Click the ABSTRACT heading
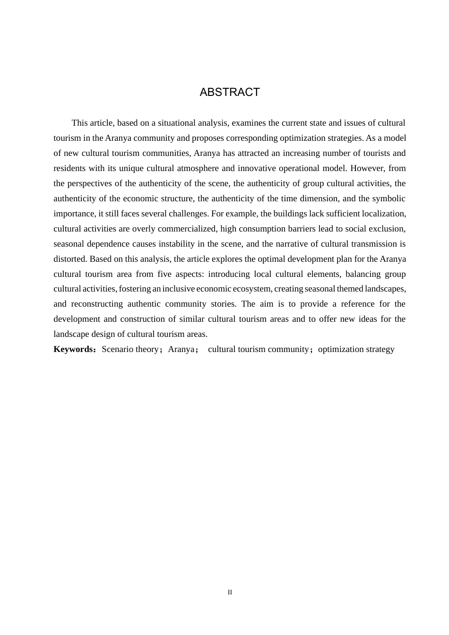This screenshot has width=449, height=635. (x=230, y=92)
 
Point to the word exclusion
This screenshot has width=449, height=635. (x=387, y=229)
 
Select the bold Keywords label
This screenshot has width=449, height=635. (x=74, y=349)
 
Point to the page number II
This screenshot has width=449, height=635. (x=230, y=592)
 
